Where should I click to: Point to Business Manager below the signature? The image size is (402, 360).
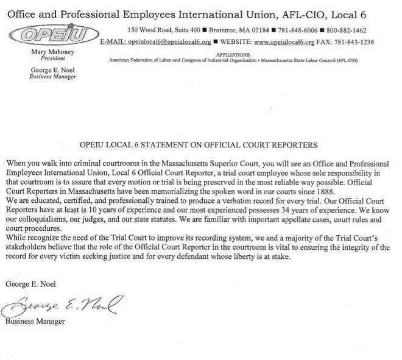click(35, 321)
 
